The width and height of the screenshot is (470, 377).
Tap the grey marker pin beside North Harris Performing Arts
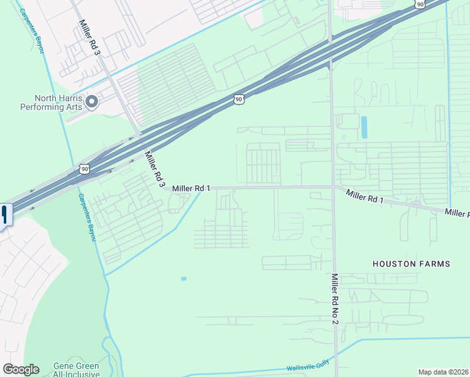tap(92, 101)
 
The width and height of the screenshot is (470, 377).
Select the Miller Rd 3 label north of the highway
tap(89, 36)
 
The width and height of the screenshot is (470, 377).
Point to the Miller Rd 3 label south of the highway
tap(154, 168)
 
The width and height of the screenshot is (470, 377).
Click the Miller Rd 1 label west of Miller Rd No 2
tap(191, 188)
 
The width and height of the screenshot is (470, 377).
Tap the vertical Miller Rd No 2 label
tap(335, 299)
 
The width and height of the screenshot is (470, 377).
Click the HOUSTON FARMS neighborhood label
tap(411, 264)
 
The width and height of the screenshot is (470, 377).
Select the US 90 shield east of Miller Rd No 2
tap(419, 4)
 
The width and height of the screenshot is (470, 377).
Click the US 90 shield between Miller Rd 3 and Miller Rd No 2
tap(238, 99)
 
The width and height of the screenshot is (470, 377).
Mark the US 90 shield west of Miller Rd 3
tap(84, 169)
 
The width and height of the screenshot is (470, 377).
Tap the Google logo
tap(21, 369)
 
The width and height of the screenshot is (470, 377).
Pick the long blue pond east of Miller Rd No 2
tap(364, 128)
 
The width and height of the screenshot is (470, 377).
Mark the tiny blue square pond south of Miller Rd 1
tap(183, 278)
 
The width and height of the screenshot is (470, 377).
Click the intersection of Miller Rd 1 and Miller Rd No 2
tap(333, 187)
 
